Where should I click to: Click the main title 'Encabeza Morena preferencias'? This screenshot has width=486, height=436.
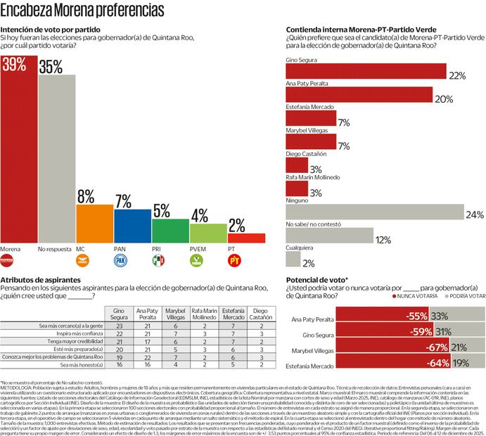84,11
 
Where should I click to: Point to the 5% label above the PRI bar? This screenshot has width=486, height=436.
162,210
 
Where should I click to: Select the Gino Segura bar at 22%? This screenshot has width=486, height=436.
366,71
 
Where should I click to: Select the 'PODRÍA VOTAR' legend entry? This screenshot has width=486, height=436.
466,297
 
